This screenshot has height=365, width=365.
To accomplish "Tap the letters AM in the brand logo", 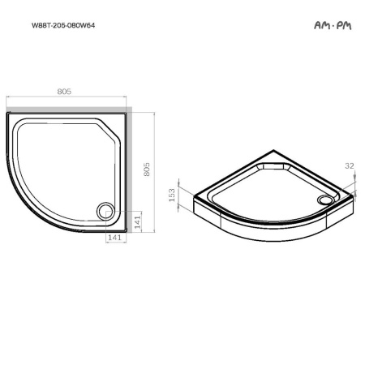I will [321, 25].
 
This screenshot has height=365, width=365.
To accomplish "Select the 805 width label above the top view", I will [65, 92].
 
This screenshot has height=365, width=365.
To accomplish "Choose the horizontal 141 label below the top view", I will [114, 238].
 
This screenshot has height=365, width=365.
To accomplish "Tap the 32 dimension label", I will [350, 165].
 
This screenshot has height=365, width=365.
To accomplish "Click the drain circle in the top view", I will [105, 211].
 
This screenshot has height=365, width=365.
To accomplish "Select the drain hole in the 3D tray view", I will [327, 198].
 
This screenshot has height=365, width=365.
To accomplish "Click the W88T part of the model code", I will [40, 25].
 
